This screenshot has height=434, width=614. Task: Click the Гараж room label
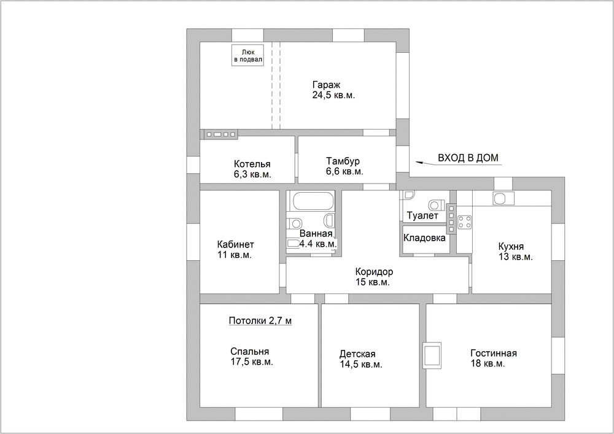click(326, 85)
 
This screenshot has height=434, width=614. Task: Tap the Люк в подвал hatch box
click(247, 55)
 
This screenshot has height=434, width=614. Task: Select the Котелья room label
click(252, 164)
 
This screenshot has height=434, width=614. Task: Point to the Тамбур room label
click(343, 161)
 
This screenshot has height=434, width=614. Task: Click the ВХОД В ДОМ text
click(468, 158)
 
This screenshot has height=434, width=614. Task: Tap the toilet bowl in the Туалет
click(436, 204)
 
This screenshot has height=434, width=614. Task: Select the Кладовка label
click(424, 238)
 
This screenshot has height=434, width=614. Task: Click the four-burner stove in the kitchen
click(464, 222)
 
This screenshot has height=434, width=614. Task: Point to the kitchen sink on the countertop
click(500, 199)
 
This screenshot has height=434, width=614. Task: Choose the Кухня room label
click(511, 247)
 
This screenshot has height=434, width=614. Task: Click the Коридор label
click(374, 271)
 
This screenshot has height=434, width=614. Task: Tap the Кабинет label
click(235, 244)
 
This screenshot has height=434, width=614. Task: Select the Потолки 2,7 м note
click(260, 321)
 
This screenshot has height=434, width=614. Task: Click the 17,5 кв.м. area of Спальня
click(252, 362)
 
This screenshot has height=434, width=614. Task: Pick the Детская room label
click(357, 354)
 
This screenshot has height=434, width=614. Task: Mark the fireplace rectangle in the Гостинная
click(432, 355)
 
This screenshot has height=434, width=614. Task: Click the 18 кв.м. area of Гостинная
click(488, 363)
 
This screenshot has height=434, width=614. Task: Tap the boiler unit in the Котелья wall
click(221, 134)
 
